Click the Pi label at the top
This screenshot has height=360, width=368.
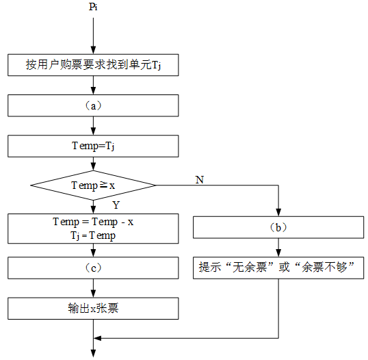point(93,7)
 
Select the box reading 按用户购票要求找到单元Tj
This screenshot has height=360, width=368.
point(93,65)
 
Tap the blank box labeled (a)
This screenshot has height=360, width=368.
point(93,105)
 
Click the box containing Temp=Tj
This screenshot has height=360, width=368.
point(93,146)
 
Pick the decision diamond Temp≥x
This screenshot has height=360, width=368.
point(93,185)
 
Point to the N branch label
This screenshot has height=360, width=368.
point(200,180)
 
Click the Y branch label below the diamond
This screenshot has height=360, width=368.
point(116,205)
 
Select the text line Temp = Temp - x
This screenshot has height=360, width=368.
point(93,222)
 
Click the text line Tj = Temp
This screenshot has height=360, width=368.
point(93,235)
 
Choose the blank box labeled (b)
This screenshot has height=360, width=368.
point(278,227)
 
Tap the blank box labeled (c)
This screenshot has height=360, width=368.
point(93,268)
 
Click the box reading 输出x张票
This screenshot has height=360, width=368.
point(93,309)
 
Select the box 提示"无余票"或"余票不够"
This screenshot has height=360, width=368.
point(278,268)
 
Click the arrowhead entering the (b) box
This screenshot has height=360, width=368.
point(278,213)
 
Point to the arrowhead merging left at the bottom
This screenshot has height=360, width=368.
point(97,338)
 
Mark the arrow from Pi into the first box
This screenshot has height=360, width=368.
point(93,36)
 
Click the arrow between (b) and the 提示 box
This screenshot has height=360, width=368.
point(278,248)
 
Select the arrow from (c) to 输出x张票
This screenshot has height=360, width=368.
point(93,288)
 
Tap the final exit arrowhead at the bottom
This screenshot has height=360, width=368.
point(93,353)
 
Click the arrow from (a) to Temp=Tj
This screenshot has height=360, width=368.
point(93,126)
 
